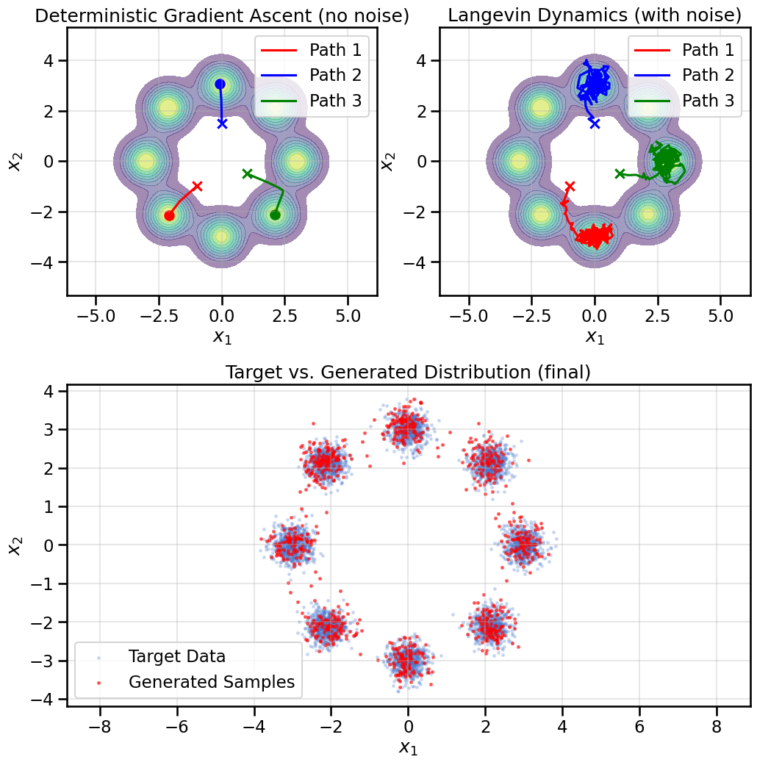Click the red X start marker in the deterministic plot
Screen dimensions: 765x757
pos(197,186)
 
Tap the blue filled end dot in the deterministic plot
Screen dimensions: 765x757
pos(220,84)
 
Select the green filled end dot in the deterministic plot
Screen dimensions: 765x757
pos(275,215)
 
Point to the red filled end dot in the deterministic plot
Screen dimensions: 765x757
pos(169,215)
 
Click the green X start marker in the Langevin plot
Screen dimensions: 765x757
pos(620,173)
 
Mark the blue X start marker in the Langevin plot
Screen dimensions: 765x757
pos(595,123)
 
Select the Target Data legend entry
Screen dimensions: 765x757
pos(176,656)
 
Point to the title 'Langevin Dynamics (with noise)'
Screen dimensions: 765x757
pos(595,15)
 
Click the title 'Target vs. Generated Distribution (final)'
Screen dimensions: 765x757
pos(408,373)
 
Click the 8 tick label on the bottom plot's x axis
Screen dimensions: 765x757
pos(717,723)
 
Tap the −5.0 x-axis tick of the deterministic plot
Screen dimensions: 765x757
pos(96,315)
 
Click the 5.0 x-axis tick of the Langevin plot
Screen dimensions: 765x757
pos(720,315)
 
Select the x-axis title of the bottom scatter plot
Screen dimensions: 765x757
pos(408,747)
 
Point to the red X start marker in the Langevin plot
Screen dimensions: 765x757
pos(570,187)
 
